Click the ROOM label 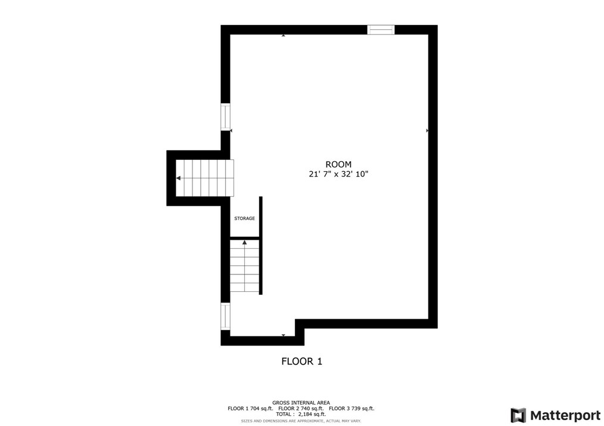338,164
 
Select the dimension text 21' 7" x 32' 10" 338,174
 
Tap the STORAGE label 244,218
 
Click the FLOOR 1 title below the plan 301,361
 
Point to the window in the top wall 381,30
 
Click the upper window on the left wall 225,117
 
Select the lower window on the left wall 225,316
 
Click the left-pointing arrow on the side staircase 178,178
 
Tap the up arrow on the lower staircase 244,242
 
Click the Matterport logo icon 518,415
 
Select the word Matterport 565,415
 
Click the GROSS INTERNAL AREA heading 301,403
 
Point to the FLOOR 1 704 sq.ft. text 250,409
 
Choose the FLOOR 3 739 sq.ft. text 351,409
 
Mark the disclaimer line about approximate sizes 301,421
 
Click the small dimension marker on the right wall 427,130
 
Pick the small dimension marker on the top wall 283,35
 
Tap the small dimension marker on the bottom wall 283,335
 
